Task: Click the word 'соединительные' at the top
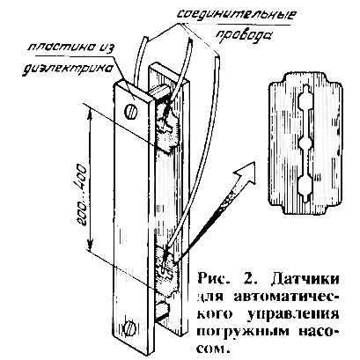coord(237,15)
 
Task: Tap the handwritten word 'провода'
coord(242,34)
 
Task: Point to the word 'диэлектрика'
coord(68,70)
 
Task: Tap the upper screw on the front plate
coord(131,112)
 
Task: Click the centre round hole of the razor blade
coord(305,144)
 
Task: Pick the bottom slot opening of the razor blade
coord(305,187)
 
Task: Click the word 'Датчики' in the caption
coord(304,279)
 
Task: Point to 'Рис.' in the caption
coord(213,278)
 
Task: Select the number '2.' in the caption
coord(250,278)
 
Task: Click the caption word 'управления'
coord(292,314)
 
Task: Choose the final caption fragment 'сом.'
coord(212,349)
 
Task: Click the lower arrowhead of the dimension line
coord(91,242)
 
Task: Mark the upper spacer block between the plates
coord(161,91)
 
